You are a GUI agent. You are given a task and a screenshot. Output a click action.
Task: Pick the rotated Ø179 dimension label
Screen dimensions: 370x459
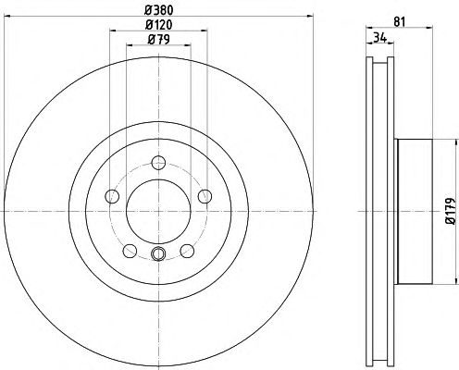pyautogui.click(x=447, y=210)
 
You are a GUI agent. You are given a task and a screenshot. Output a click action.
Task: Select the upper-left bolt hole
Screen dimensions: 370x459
pyautogui.click(x=113, y=196)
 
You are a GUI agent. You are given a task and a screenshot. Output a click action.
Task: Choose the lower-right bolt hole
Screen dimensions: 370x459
pyautogui.click(x=186, y=250)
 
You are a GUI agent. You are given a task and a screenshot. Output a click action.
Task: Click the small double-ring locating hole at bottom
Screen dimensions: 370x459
pyautogui.click(x=158, y=255)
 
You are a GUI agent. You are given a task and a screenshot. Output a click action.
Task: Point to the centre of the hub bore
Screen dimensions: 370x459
pyautogui.click(x=158, y=212)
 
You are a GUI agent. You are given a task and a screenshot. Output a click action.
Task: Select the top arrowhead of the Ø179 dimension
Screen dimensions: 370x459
pyautogui.click(x=454, y=142)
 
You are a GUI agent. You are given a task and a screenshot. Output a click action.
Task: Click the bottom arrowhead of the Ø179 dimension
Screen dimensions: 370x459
pyautogui.click(x=454, y=283)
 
